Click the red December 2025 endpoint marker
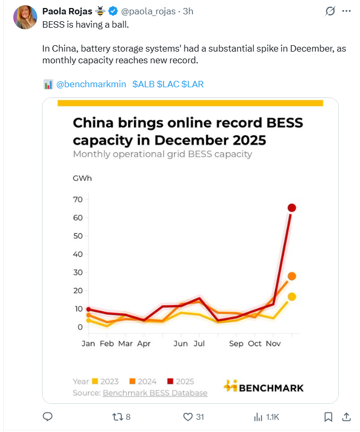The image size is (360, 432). [x=291, y=207]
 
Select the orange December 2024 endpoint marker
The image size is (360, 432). [x=291, y=276]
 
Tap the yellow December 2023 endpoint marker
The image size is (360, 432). [x=291, y=297]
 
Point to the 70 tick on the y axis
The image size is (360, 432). [x=78, y=200]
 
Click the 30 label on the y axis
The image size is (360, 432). [x=78, y=272]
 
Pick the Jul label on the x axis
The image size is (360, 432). [x=199, y=344]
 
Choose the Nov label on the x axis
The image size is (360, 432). [x=273, y=344]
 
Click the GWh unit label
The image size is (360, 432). [x=82, y=178]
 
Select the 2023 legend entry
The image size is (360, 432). [x=105, y=381]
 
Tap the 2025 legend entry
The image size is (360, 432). [x=181, y=381]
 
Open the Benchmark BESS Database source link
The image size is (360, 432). [x=155, y=393]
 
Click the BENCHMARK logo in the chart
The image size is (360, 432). [x=264, y=387]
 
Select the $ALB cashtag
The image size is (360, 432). [x=143, y=84]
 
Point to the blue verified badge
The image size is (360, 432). [x=113, y=11]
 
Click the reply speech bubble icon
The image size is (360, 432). [x=47, y=417]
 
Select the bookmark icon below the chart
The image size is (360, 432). [x=329, y=417]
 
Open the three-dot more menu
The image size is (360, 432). [x=346, y=11]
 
